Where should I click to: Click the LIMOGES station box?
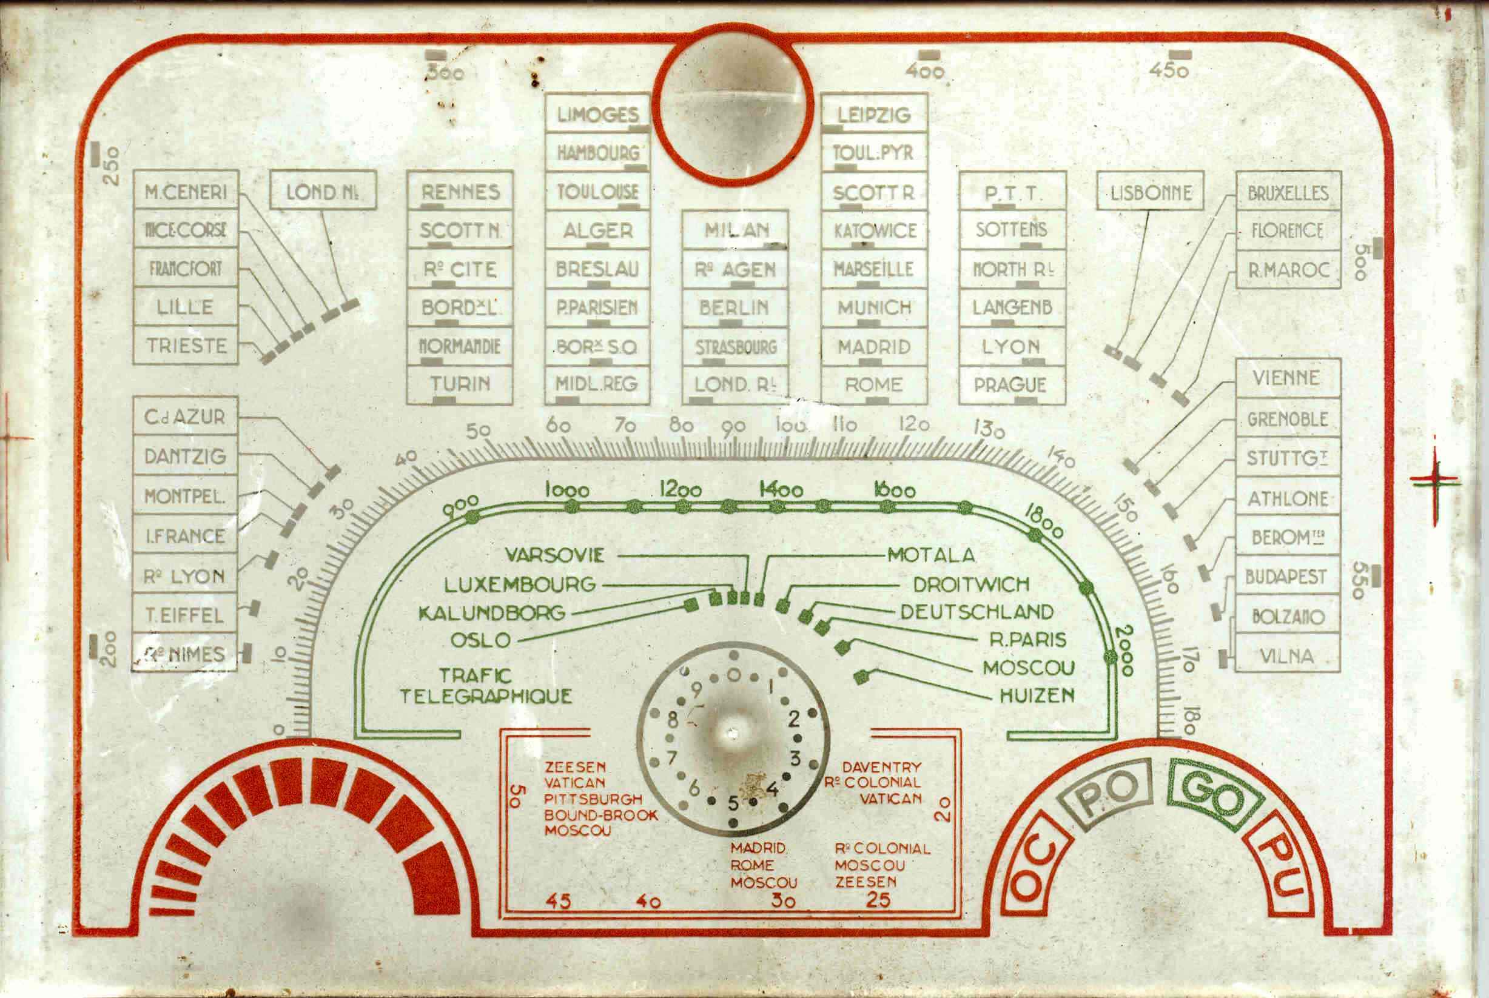pos(597,115)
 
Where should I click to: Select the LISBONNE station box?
pos(1150,191)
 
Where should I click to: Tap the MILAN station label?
pos(736,230)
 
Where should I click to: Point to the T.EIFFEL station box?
pos(184,615)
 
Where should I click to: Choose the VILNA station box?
pos(1287,655)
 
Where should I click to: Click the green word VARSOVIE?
pos(554,555)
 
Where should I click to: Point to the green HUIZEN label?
pos(1037,695)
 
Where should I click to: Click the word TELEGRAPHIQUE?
pos(486,696)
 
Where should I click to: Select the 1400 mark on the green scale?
pos(781,489)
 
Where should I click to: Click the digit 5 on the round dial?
pos(733,803)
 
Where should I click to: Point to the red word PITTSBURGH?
pos(593,799)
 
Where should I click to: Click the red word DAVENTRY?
pos(881,767)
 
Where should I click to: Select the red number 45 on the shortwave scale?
pos(558,901)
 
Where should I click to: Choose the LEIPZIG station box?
pos(874,115)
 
